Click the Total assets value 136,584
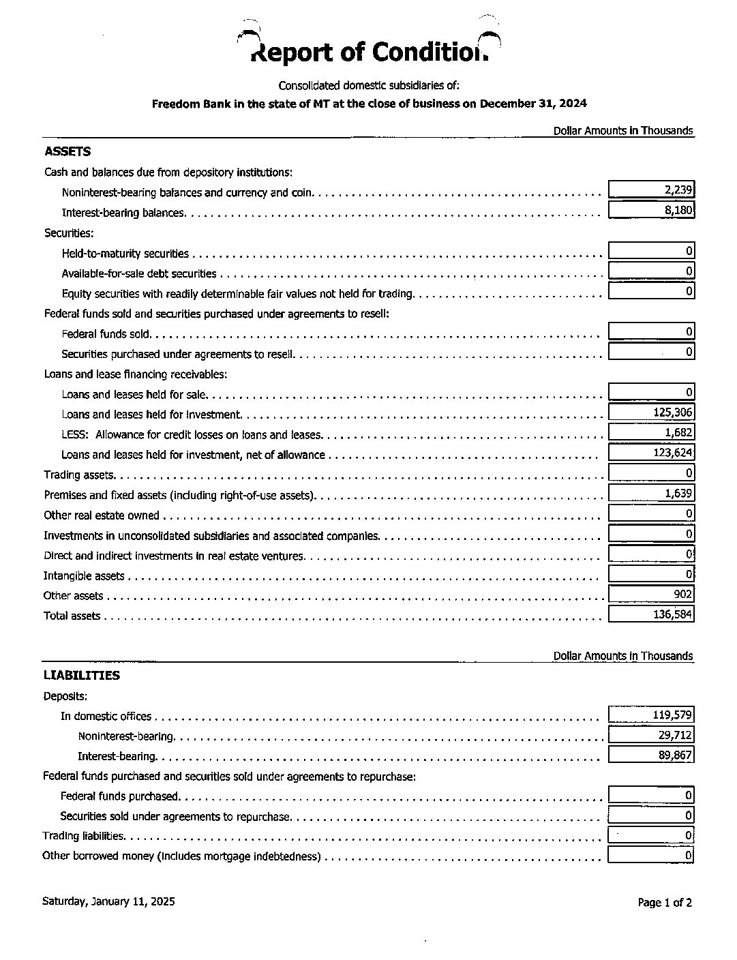[x=672, y=615]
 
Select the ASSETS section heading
[x=67, y=151]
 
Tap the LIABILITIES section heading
[x=81, y=675]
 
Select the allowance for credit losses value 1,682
[x=678, y=432]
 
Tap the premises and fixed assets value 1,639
[x=678, y=493]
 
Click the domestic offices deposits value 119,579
[x=672, y=715]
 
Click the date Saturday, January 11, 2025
[x=108, y=901]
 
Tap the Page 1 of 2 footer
[x=665, y=903]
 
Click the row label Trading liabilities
[x=83, y=836]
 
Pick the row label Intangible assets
[x=84, y=576]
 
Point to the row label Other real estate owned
[x=101, y=515]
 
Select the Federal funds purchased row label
[x=119, y=796]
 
